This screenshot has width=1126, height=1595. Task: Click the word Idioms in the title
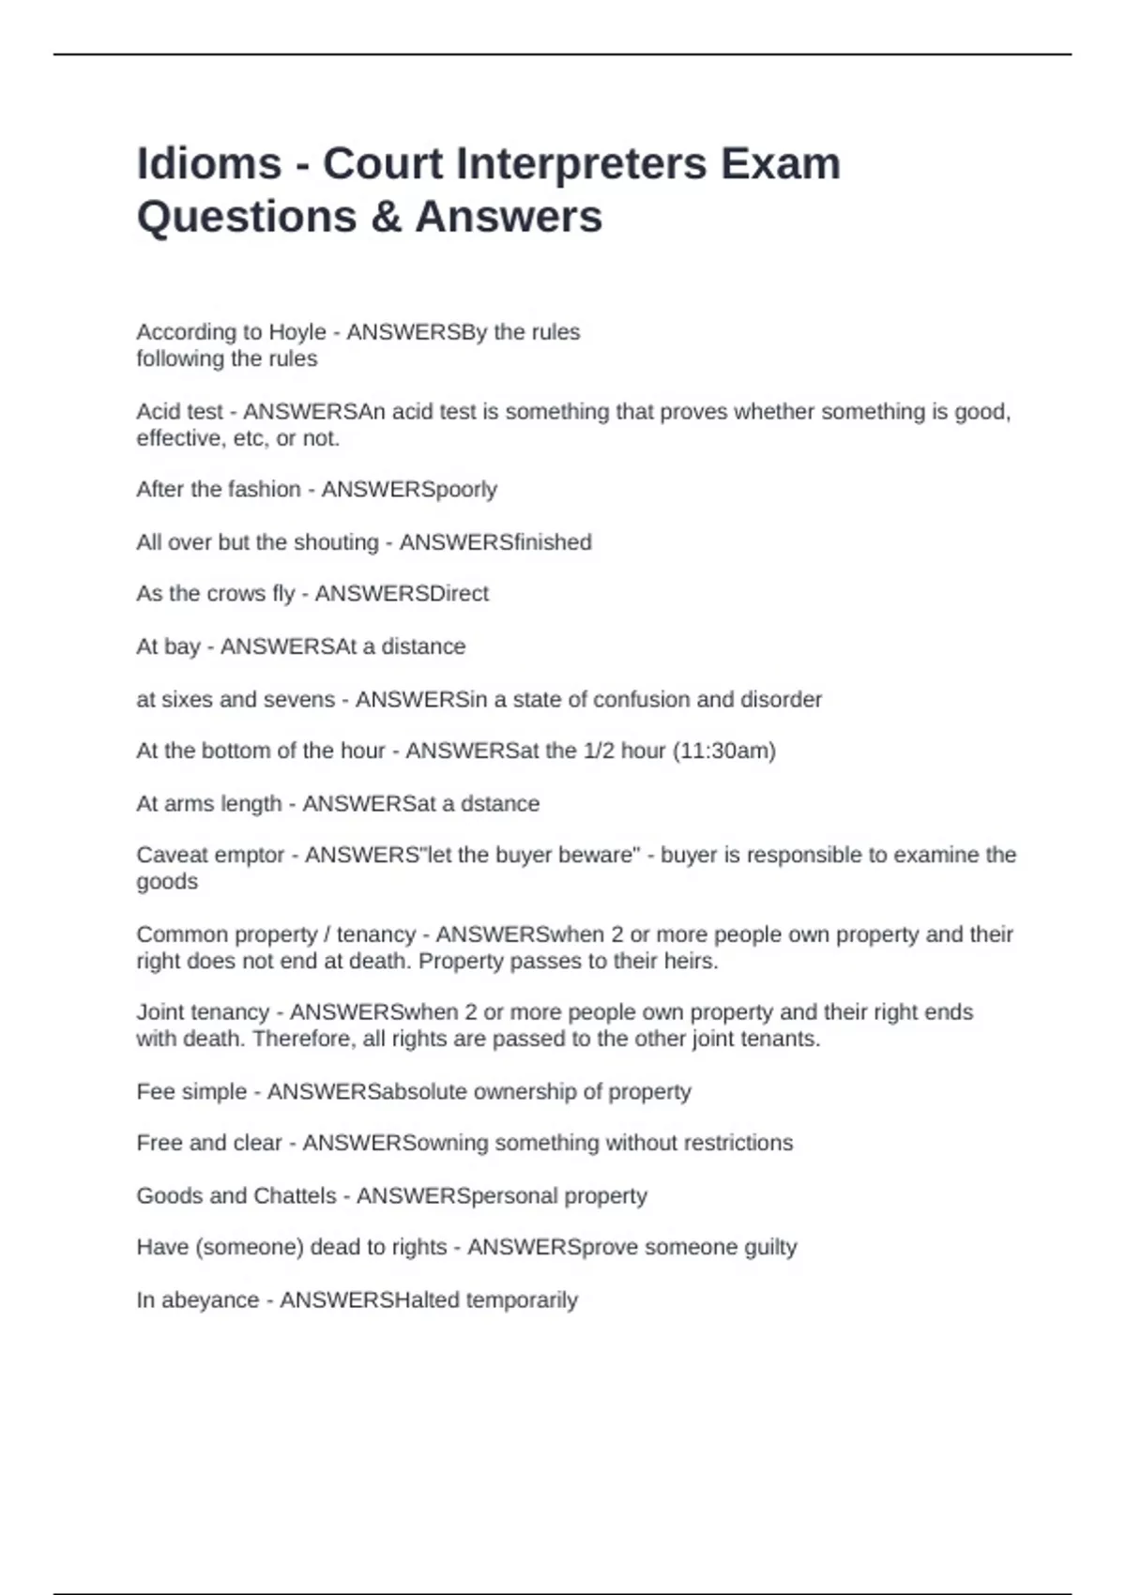[x=208, y=163]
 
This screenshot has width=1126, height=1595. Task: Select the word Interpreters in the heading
[x=581, y=163]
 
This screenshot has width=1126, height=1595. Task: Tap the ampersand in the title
[x=386, y=217]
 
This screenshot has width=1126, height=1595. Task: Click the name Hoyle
[x=297, y=332]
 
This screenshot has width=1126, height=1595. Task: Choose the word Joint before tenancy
[x=161, y=1012]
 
